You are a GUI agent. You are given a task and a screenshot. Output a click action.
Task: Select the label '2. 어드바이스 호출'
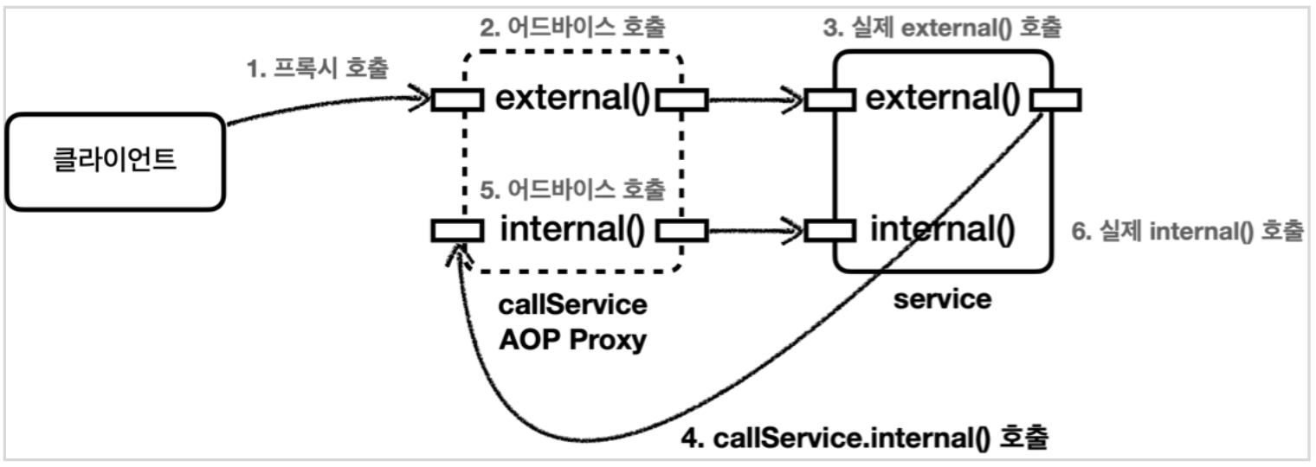point(572,27)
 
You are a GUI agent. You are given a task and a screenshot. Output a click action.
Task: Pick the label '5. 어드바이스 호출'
point(572,187)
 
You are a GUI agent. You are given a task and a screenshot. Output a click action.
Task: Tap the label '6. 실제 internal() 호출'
point(1186,232)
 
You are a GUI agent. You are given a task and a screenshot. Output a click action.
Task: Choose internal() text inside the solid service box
point(942,230)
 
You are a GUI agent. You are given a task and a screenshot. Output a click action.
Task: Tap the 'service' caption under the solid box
point(942,299)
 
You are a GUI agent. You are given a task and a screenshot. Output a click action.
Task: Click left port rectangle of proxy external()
point(458,100)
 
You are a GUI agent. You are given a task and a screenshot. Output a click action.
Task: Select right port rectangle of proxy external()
point(682,100)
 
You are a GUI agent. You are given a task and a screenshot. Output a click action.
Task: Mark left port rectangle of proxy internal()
point(458,230)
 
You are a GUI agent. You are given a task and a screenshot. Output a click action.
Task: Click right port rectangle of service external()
point(1055,100)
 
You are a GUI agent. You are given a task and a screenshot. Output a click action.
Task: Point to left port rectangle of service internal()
point(829,230)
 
